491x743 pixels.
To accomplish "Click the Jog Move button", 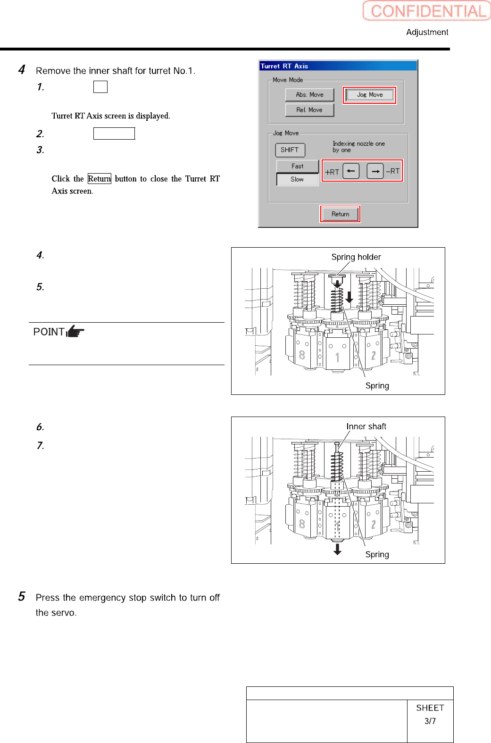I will pyautogui.click(x=370, y=95).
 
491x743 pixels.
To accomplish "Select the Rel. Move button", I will pyautogui.click(x=309, y=110).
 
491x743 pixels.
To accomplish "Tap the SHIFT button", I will pyautogui.click(x=290, y=150).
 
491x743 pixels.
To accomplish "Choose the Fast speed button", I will pyautogui.click(x=297, y=166).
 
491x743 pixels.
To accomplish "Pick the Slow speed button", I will pyautogui.click(x=297, y=179).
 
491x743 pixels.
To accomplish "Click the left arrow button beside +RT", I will pyautogui.click(x=351, y=171).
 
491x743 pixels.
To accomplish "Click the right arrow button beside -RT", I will pyautogui.click(x=375, y=171).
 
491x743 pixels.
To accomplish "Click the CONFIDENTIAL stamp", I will pyautogui.click(x=427, y=11).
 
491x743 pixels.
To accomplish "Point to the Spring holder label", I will pyautogui.click(x=356, y=257).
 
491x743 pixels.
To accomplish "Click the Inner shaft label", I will pyautogui.click(x=366, y=426).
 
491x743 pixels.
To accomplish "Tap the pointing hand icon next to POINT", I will pyautogui.click(x=75, y=332).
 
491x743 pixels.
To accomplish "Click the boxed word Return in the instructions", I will pyautogui.click(x=100, y=179).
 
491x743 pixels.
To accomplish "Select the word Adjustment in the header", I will pyautogui.click(x=427, y=32).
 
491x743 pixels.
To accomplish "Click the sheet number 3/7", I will pyautogui.click(x=430, y=721).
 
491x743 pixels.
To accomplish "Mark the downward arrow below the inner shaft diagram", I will pyautogui.click(x=337, y=549).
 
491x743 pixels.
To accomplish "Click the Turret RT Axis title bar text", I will pyautogui.click(x=284, y=66).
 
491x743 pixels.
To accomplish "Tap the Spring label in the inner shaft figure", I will pyautogui.click(x=377, y=554).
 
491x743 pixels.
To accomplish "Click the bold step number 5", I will pyautogui.click(x=22, y=597).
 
